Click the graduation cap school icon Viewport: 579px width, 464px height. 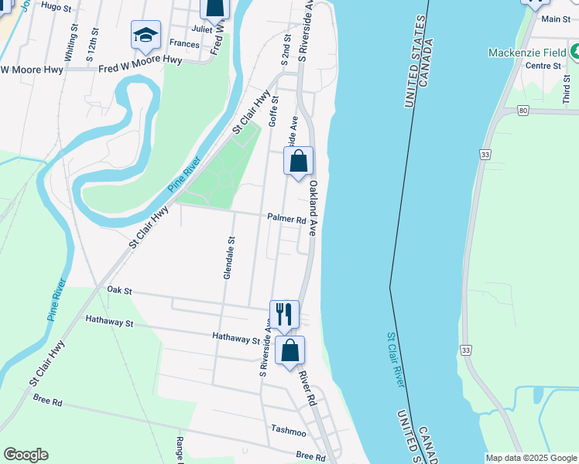pyautogui.click(x=146, y=36)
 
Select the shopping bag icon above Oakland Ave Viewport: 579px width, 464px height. pyautogui.click(x=298, y=162)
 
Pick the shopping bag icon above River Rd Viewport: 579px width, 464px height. pyautogui.click(x=289, y=351)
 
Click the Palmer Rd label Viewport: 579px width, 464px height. pyautogui.click(x=287, y=220)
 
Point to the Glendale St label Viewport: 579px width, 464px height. pyautogui.click(x=229, y=258)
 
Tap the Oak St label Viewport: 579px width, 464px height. pyautogui.click(x=120, y=291)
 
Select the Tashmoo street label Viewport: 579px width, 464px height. pyautogui.click(x=290, y=428)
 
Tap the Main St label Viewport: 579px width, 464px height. pyautogui.click(x=556, y=19)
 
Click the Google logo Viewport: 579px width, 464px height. pyautogui.click(x=26, y=455)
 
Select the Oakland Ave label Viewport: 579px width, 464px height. pyautogui.click(x=313, y=210)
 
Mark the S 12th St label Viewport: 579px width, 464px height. pyautogui.click(x=92, y=44)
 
